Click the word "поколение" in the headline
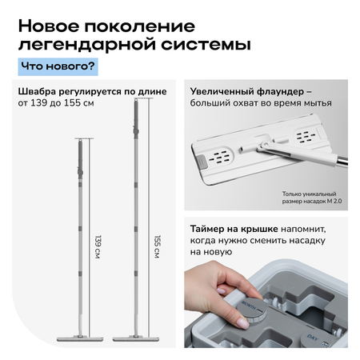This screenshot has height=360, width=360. pyautogui.click(x=140, y=26)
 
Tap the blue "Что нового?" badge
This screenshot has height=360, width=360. pyautogui.click(x=58, y=66)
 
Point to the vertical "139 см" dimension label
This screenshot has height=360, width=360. pyautogui.click(x=98, y=246)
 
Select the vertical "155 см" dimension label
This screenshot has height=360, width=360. pyautogui.click(x=158, y=246)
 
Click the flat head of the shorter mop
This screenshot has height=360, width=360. pyautogui.click(x=80, y=338)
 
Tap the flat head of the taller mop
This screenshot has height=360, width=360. pyautogui.click(x=136, y=338)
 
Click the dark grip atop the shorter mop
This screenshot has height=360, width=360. pyautogui.click(x=80, y=159)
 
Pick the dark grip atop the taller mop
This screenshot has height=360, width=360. pyautogui.click(x=136, y=118)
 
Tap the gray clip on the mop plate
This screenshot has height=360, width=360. pyautogui.click(x=202, y=162)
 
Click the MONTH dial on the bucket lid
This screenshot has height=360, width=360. pyautogui.click(x=252, y=310)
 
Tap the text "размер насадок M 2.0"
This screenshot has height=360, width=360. pyautogui.click(x=312, y=201)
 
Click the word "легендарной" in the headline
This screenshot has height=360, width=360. pyautogui.click(x=87, y=44)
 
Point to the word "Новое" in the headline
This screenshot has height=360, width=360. pyautogui.click(x=49, y=26)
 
